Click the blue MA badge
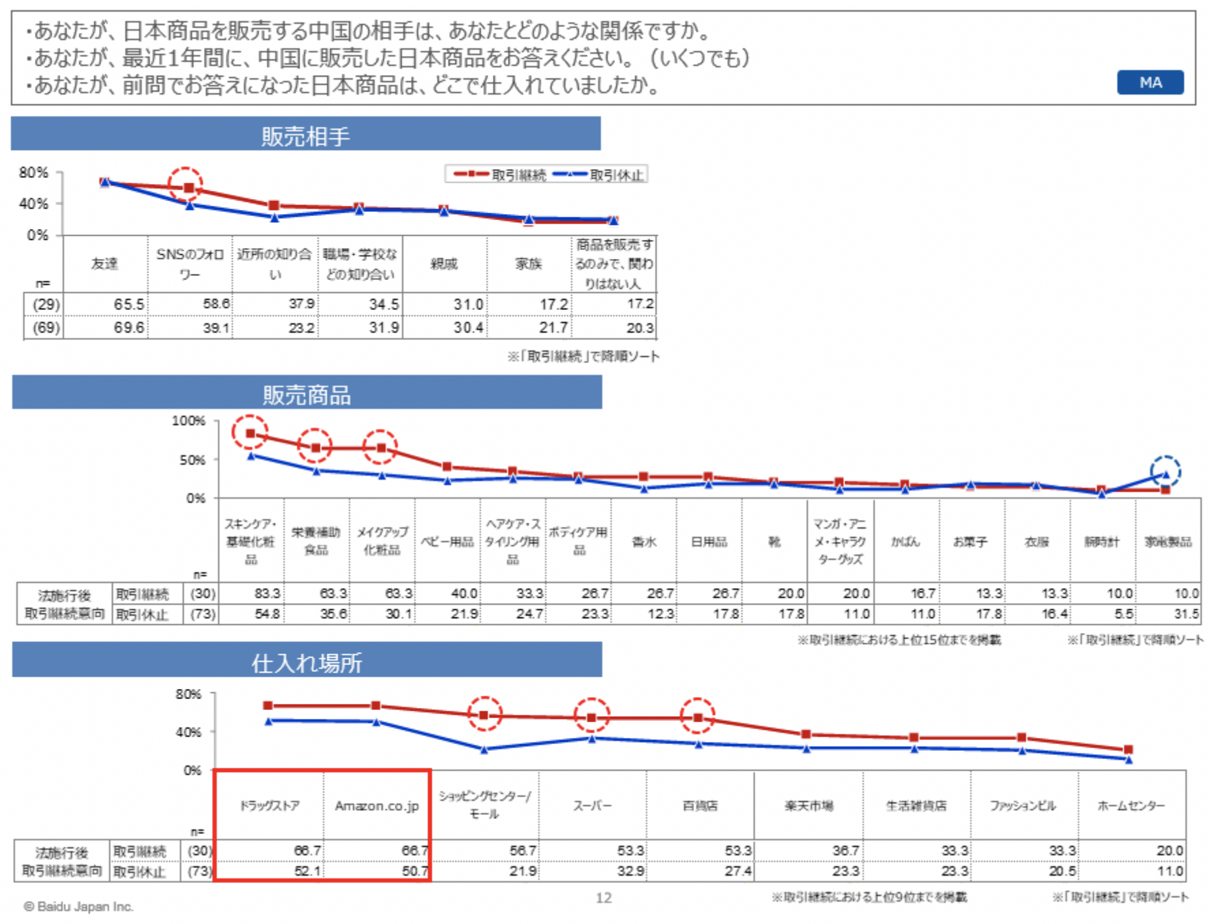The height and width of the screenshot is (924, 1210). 1150,82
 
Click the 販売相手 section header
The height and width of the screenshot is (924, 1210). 305,136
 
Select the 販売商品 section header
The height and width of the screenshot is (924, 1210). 307,395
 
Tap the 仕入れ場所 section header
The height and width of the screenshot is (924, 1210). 307,662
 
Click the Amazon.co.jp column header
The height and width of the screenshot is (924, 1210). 377,806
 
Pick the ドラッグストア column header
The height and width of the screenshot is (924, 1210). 269,806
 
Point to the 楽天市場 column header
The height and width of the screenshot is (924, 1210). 808,806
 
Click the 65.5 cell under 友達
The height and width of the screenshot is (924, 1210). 128,304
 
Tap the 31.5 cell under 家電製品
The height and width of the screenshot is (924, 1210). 1186,614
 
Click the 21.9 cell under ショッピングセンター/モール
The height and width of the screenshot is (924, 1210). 523,871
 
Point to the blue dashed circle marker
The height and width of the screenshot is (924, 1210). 1165,472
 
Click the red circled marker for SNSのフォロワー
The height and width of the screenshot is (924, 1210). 186,185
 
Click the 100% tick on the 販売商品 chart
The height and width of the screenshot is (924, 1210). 188,421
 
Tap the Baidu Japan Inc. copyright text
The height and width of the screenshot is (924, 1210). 78,906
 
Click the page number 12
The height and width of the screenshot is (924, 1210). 604,898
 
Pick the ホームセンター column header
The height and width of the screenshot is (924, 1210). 1131,806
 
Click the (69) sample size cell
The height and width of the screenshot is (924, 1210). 46,328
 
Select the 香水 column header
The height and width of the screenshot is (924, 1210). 644,542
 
